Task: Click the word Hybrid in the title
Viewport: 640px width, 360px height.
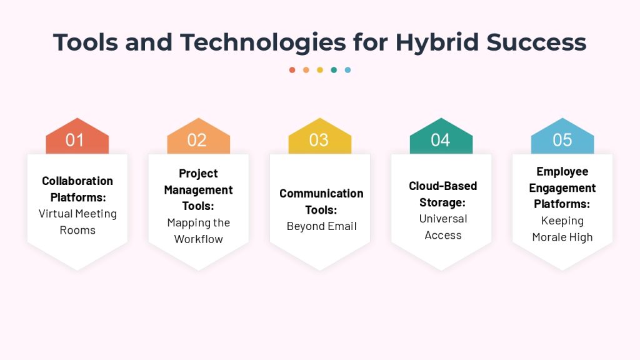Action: pos(437,42)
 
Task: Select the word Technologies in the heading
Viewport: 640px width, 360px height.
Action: pos(263,42)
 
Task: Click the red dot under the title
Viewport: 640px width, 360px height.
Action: pos(292,70)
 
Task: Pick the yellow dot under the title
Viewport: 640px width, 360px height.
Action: pos(320,70)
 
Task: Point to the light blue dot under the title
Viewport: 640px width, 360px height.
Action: pos(347,70)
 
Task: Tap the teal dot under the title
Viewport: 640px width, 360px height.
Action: pos(334,70)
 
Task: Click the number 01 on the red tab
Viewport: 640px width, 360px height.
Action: pos(75,140)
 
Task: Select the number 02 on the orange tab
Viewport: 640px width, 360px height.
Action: pos(197,140)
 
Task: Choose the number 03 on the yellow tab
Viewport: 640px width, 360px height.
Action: pos(319,140)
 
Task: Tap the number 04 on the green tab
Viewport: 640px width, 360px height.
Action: pos(441,140)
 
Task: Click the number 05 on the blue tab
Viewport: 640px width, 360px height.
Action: pos(562,140)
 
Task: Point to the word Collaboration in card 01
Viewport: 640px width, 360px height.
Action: pos(77,181)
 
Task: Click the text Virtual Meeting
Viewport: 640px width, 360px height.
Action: pos(77,214)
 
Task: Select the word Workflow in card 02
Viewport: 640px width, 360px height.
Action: pos(198,239)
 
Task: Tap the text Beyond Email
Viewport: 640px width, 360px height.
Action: pos(322,226)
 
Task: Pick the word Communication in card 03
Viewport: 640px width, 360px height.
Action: pos(321,194)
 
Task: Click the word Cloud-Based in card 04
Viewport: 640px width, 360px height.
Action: pos(443,186)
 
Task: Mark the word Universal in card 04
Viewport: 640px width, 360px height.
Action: pos(443,219)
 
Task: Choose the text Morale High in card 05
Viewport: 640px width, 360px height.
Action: pos(562,237)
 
